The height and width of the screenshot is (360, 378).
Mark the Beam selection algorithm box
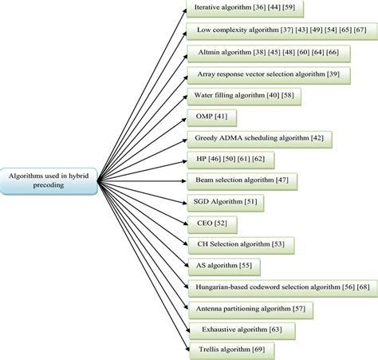pos(242,181)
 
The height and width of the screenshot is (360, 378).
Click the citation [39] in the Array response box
pos(333,74)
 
